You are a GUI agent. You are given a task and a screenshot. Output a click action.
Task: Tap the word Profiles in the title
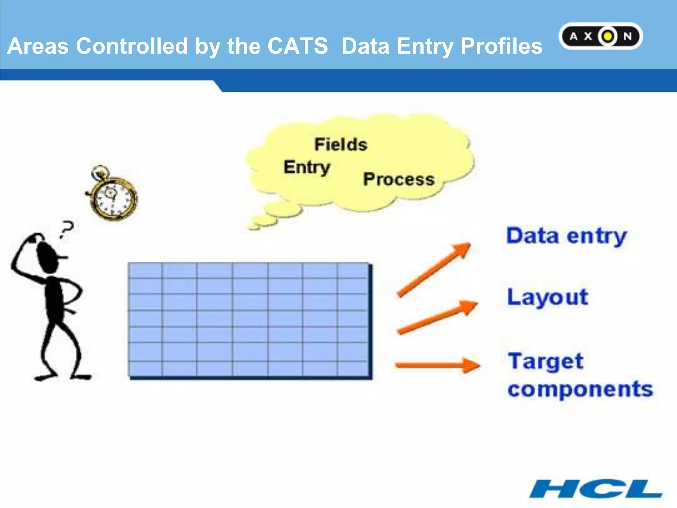coord(501,46)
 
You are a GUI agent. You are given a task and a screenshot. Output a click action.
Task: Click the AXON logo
coord(600,36)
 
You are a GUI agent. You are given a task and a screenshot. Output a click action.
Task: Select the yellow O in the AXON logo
coord(608,36)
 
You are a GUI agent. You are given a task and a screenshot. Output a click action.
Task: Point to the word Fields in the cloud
coord(340,145)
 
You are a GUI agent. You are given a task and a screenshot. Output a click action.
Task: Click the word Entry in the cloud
coord(307,167)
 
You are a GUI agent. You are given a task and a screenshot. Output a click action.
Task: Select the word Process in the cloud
coord(399,179)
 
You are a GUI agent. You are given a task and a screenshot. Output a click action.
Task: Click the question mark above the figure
coord(66,229)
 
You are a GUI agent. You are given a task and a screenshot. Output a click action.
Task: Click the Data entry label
coord(567,236)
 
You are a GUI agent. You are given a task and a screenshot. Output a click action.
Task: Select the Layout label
coord(547,297)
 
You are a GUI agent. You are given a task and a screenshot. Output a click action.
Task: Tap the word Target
coord(546,361)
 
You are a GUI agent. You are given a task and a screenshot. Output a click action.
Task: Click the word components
coord(580,389)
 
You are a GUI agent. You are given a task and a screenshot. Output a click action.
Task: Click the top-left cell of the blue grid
coord(145,271)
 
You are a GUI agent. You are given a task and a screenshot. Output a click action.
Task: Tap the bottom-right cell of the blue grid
coord(352,369)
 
